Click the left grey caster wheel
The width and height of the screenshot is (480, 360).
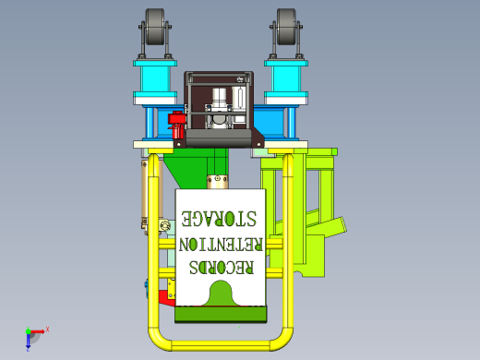coord(155,27)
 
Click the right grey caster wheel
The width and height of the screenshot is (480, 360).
coord(286,27)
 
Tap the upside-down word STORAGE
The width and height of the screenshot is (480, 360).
coord(219,219)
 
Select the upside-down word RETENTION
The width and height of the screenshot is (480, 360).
coord(221,245)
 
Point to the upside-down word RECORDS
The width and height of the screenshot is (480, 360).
coord(222,267)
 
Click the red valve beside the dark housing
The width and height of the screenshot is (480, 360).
coord(177,125)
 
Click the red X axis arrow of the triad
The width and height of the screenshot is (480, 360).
coord(38,331)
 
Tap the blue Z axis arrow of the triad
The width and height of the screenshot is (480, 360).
coord(28,341)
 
